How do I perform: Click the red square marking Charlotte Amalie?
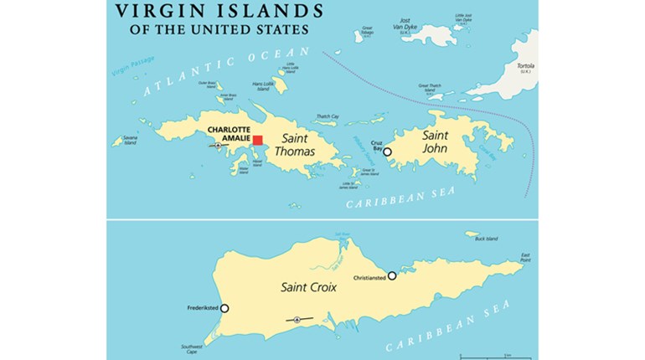pos(258,141)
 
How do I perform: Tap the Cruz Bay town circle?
pos(387,152)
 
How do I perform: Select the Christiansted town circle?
pos(392,275)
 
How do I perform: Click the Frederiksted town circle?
pos(224,308)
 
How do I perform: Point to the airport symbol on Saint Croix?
pos(297,320)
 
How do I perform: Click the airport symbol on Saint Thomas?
pos(219,146)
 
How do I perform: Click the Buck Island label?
pos(486,239)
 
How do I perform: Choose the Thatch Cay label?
pos(327,116)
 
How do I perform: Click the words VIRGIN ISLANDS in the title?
pos(220,11)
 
